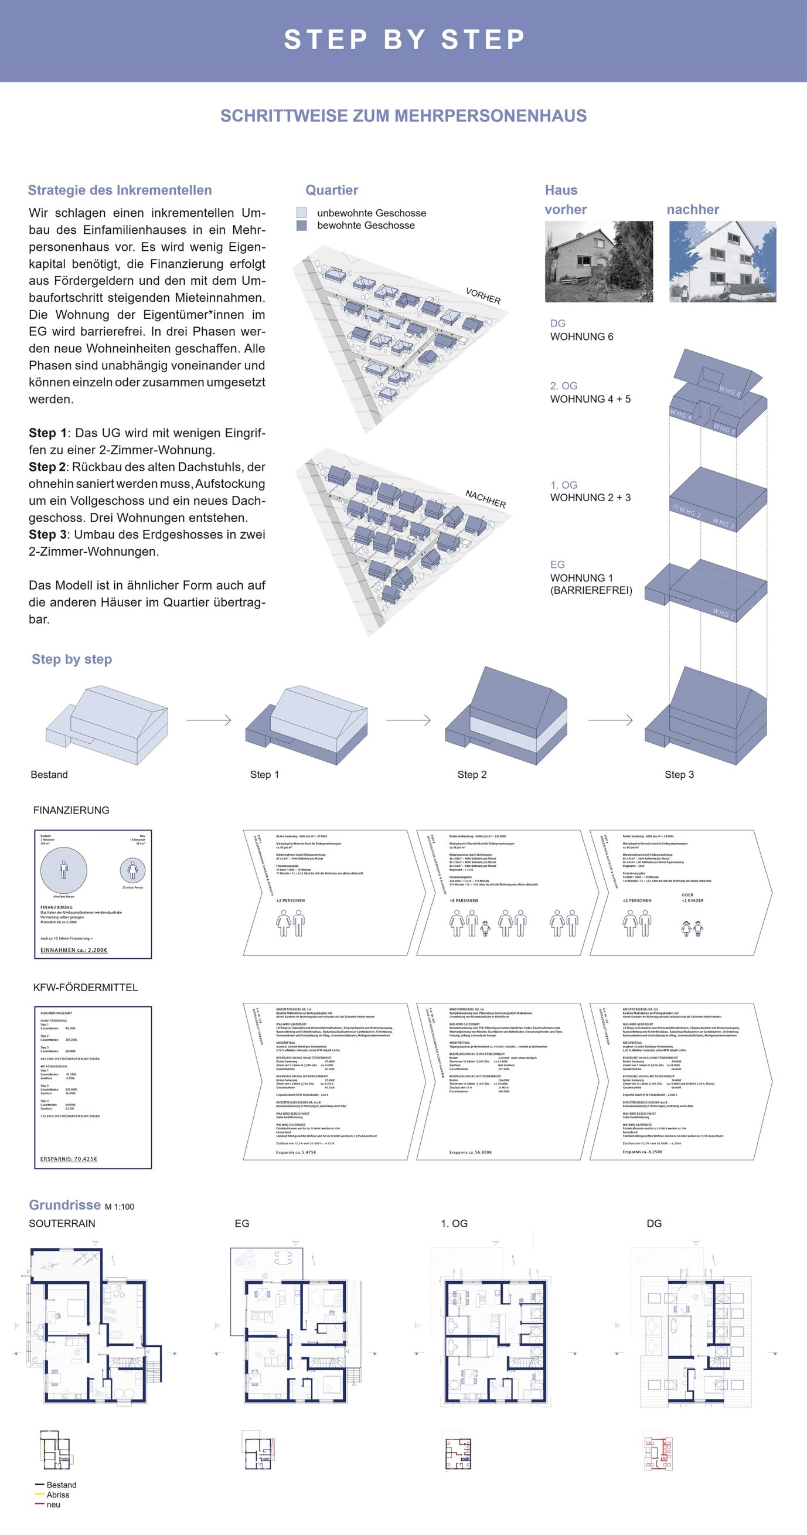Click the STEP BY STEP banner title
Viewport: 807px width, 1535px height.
pyautogui.click(x=403, y=39)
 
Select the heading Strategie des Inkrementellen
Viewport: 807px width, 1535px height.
pyautogui.click(x=120, y=190)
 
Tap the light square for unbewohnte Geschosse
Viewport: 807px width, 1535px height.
pyautogui.click(x=302, y=213)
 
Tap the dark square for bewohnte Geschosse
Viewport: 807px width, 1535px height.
pyautogui.click(x=302, y=225)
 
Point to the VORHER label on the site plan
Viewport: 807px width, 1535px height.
pyautogui.click(x=483, y=295)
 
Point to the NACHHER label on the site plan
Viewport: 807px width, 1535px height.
pyautogui.click(x=485, y=499)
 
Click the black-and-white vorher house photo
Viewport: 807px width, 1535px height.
pyautogui.click(x=598, y=261)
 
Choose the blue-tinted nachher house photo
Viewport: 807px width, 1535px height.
pyautogui.click(x=723, y=261)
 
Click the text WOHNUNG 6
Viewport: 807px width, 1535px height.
pyautogui.click(x=581, y=336)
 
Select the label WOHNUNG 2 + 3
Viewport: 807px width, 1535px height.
pyautogui.click(x=590, y=498)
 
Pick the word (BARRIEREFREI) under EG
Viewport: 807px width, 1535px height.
pyautogui.click(x=591, y=591)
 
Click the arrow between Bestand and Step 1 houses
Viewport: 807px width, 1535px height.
pyautogui.click(x=209, y=720)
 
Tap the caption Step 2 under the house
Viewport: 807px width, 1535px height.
pyautogui.click(x=472, y=775)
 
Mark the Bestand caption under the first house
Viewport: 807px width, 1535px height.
pyautogui.click(x=49, y=775)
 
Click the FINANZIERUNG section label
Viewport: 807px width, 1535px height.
pyautogui.click(x=71, y=811)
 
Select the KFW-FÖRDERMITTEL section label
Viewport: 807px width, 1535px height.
pyautogui.click(x=85, y=988)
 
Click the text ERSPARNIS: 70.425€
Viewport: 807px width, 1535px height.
pyautogui.click(x=69, y=1159)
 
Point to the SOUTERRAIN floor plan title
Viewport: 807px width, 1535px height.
pyautogui.click(x=62, y=1223)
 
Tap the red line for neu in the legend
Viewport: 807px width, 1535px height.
pyautogui.click(x=40, y=1504)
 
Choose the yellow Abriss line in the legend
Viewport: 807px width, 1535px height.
pyautogui.click(x=40, y=1495)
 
